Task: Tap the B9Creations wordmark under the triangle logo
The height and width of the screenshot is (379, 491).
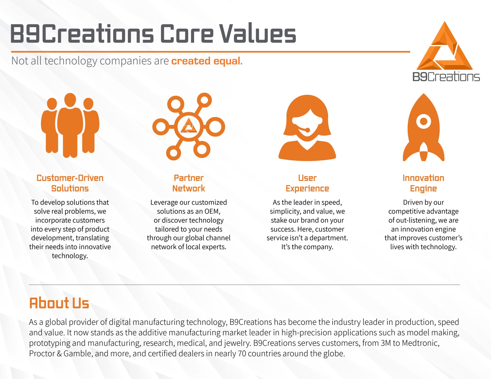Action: (x=446, y=77)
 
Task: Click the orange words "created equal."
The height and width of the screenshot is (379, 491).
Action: (x=207, y=61)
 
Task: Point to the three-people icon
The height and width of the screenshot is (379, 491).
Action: (x=70, y=125)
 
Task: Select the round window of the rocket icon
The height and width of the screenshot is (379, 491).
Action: (x=423, y=121)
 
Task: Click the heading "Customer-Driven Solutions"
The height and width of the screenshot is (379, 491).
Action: (x=70, y=183)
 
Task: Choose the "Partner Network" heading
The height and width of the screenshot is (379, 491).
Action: (x=189, y=183)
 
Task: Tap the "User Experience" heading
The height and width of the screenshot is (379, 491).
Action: (x=307, y=183)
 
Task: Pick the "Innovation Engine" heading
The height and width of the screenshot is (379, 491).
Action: (x=423, y=183)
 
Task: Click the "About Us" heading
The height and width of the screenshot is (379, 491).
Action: (x=59, y=303)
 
